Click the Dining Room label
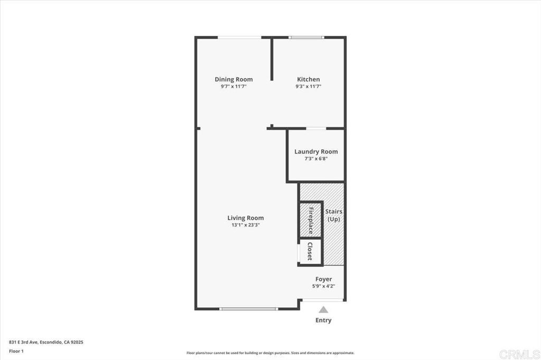[234, 79]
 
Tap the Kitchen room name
[309, 79]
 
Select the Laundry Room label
[316, 151]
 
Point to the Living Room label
[246, 218]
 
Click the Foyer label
[324, 279]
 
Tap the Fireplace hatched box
[311, 219]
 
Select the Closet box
[311, 252]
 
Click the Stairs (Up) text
[334, 215]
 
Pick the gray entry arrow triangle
[323, 310]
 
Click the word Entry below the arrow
[323, 320]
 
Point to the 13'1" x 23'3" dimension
[246, 225]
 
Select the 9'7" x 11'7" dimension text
[234, 87]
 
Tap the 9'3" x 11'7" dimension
[309, 87]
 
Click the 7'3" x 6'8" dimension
[316, 159]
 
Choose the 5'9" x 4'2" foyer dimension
[324, 286]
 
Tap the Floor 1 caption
[16, 352]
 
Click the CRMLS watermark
[519, 354]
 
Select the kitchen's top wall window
[306, 37]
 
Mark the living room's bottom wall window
[248, 309]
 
